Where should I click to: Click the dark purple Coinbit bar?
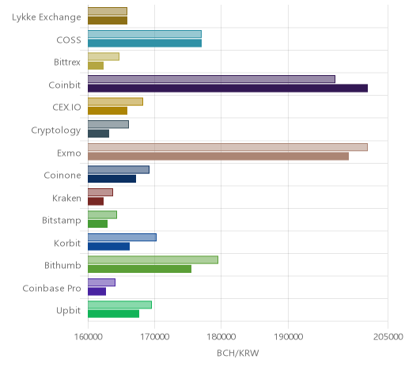coord(228,89)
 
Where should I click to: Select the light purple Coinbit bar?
coord(211,79)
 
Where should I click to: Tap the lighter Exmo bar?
coord(228,147)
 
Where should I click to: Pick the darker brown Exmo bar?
coord(218,156)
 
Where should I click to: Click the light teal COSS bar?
coord(145,34)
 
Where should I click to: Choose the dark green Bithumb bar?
coord(140,269)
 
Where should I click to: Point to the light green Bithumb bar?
coord(153,260)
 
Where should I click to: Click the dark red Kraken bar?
coord(96,202)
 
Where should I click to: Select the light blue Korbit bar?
coord(122,237)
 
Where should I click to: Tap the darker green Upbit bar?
coord(113,314)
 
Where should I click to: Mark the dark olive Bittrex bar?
coord(96,66)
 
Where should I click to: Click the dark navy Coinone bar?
coord(112,179)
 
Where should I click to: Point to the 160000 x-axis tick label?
coord(88,337)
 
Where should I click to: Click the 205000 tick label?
coord(388,337)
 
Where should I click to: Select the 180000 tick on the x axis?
coord(221,337)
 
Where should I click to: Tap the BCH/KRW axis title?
coord(238,353)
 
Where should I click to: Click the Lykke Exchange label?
coord(47,17)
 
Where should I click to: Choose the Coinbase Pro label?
coord(51,288)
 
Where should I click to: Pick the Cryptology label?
coord(56,131)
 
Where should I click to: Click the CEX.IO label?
coord(66,108)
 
